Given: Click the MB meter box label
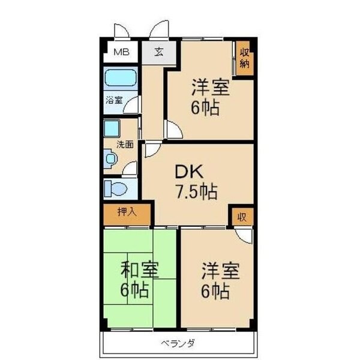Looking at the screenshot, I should click(121, 52).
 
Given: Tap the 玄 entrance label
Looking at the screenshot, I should click(158, 52).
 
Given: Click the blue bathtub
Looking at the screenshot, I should click(121, 79).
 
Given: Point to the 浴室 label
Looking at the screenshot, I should click(114, 100).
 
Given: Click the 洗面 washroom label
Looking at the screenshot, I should click(124, 144).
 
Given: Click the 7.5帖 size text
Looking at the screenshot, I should click(196, 193).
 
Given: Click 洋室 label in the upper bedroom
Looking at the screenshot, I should click(210, 88).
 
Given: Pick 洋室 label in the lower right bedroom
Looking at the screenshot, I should click(220, 270).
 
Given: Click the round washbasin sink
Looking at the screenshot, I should click(111, 160).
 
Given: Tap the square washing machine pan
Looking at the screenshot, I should click(111, 130).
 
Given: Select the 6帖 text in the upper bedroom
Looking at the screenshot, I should click(205, 108).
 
